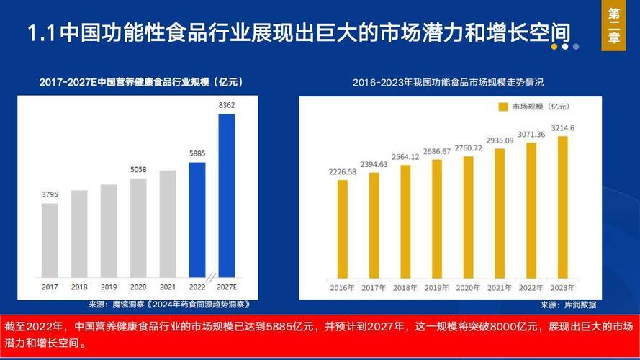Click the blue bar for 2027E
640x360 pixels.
[226, 194]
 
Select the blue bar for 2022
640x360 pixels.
[197, 219]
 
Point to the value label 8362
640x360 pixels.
[226, 105]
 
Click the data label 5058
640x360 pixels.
[138, 170]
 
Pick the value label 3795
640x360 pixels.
[50, 194]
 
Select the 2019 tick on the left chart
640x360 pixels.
[109, 287]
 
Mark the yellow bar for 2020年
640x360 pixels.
[469, 217]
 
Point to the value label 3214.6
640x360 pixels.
[563, 128]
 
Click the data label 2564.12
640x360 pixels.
[405, 157]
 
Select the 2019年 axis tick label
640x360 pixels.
[437, 288]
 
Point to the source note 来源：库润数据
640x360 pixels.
[569, 305]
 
